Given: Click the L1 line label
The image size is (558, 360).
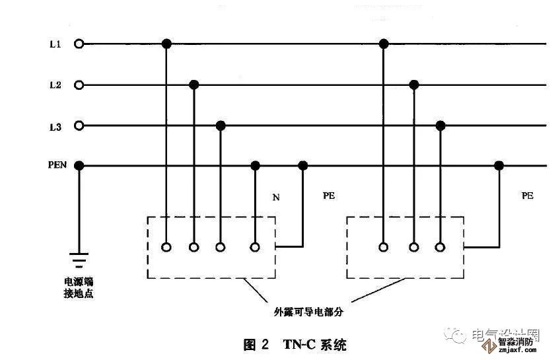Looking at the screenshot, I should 55,44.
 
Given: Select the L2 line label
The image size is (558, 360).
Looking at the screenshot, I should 55,85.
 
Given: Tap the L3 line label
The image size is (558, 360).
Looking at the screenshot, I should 55,126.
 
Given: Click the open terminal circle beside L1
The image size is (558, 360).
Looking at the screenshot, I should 79,44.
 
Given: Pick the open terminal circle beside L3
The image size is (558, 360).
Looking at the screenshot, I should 79,126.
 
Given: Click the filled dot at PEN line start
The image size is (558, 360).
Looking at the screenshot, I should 79,166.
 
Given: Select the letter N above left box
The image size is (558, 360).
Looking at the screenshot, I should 276,197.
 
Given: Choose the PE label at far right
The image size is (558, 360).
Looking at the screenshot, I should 527,196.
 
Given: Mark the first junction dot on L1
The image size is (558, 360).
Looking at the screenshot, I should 166,44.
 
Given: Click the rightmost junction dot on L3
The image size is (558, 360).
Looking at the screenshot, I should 440,126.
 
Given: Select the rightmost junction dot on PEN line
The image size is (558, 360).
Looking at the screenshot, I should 499,166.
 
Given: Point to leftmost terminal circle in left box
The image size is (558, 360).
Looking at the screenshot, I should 166,247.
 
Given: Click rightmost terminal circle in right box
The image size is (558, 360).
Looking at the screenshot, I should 440,247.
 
